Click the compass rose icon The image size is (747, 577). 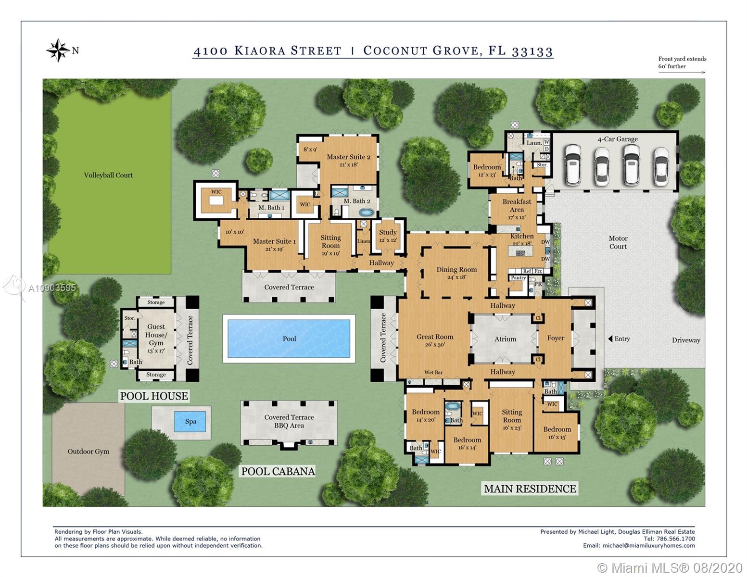pos(58,50)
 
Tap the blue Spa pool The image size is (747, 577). pos(190,422)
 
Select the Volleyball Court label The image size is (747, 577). pos(108,176)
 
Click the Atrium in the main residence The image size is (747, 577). pos(505,339)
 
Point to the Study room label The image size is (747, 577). pos(388,232)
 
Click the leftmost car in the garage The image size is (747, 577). pos(574,165)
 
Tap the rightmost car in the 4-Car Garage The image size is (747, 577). pos(661,165)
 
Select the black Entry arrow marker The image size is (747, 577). pos(610,339)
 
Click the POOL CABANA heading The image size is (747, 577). pos(278,471)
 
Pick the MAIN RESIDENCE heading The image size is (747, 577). pos(530,489)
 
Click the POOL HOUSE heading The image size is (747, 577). pos(154,396)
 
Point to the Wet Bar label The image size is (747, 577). pos(433,373)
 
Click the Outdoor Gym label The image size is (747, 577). pos(89,452)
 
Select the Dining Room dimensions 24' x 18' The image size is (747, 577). pos(456,277)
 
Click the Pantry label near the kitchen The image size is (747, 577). pos(518,278)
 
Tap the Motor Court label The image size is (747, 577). pos(618,242)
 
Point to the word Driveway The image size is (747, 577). pos(686,340)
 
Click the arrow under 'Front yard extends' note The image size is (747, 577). pos(682,73)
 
